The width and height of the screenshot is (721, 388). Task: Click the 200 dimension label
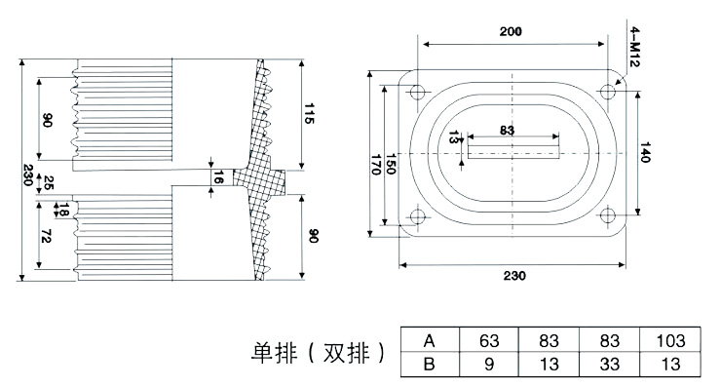[x=511, y=31]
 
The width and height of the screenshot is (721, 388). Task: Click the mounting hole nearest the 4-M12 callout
[x=608, y=92]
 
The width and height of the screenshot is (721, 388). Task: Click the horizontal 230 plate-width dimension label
[x=511, y=276]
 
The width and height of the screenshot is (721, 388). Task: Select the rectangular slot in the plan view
[x=513, y=150]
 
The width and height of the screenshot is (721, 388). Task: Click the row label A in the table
[x=428, y=341]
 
